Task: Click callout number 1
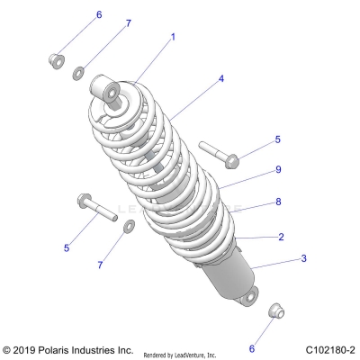[173, 37]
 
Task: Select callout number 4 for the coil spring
[220, 79]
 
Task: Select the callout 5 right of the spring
[278, 139]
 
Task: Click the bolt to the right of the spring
[218, 154]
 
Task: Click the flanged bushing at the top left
[54, 61]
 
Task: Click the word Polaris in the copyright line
[59, 348]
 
